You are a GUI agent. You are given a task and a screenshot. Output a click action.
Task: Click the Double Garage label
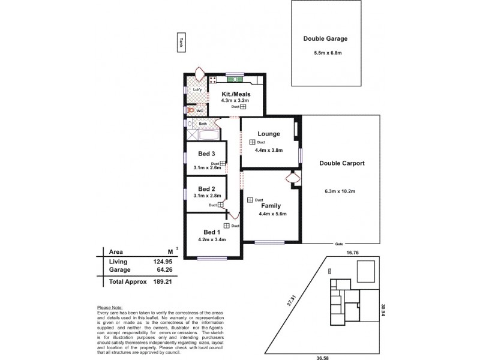[x=325, y=39]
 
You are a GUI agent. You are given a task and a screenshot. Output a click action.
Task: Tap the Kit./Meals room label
[x=236, y=94]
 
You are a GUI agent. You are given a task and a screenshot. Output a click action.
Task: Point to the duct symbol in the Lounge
[x=253, y=142]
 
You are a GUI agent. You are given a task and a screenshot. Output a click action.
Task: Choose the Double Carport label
[x=342, y=163]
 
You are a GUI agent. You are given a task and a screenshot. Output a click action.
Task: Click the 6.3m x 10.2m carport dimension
[x=340, y=191]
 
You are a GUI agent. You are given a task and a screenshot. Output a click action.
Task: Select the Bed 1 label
[x=211, y=232]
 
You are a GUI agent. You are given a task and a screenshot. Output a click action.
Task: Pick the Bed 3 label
[x=207, y=154]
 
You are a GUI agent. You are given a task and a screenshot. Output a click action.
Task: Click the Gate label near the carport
[x=338, y=244]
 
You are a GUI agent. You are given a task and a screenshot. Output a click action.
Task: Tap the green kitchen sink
[x=235, y=79]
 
